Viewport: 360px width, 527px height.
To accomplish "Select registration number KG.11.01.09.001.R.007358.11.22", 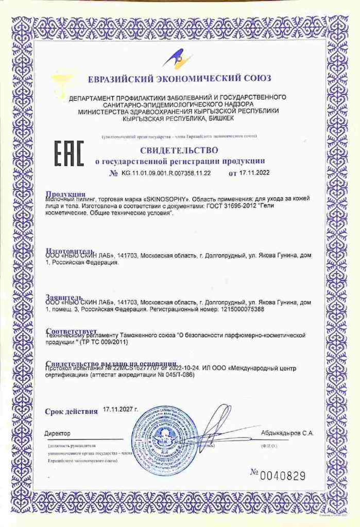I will point(166,173).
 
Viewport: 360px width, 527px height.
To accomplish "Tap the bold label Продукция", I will point(65,194).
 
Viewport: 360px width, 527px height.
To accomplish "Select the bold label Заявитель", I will point(63,298).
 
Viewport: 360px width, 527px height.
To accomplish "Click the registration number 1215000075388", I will point(239,310).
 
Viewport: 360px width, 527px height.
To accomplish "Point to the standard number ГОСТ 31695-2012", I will point(231,206).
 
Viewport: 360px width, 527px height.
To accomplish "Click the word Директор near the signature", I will point(58,434).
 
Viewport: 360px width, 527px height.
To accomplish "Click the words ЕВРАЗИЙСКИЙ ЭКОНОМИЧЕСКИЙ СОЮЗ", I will point(179,79).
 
